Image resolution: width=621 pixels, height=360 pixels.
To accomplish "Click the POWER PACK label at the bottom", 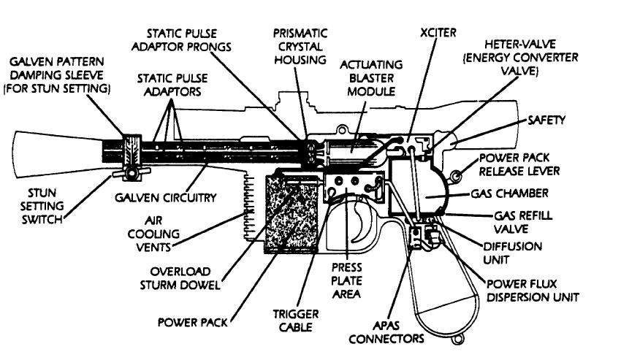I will (x=191, y=321).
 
